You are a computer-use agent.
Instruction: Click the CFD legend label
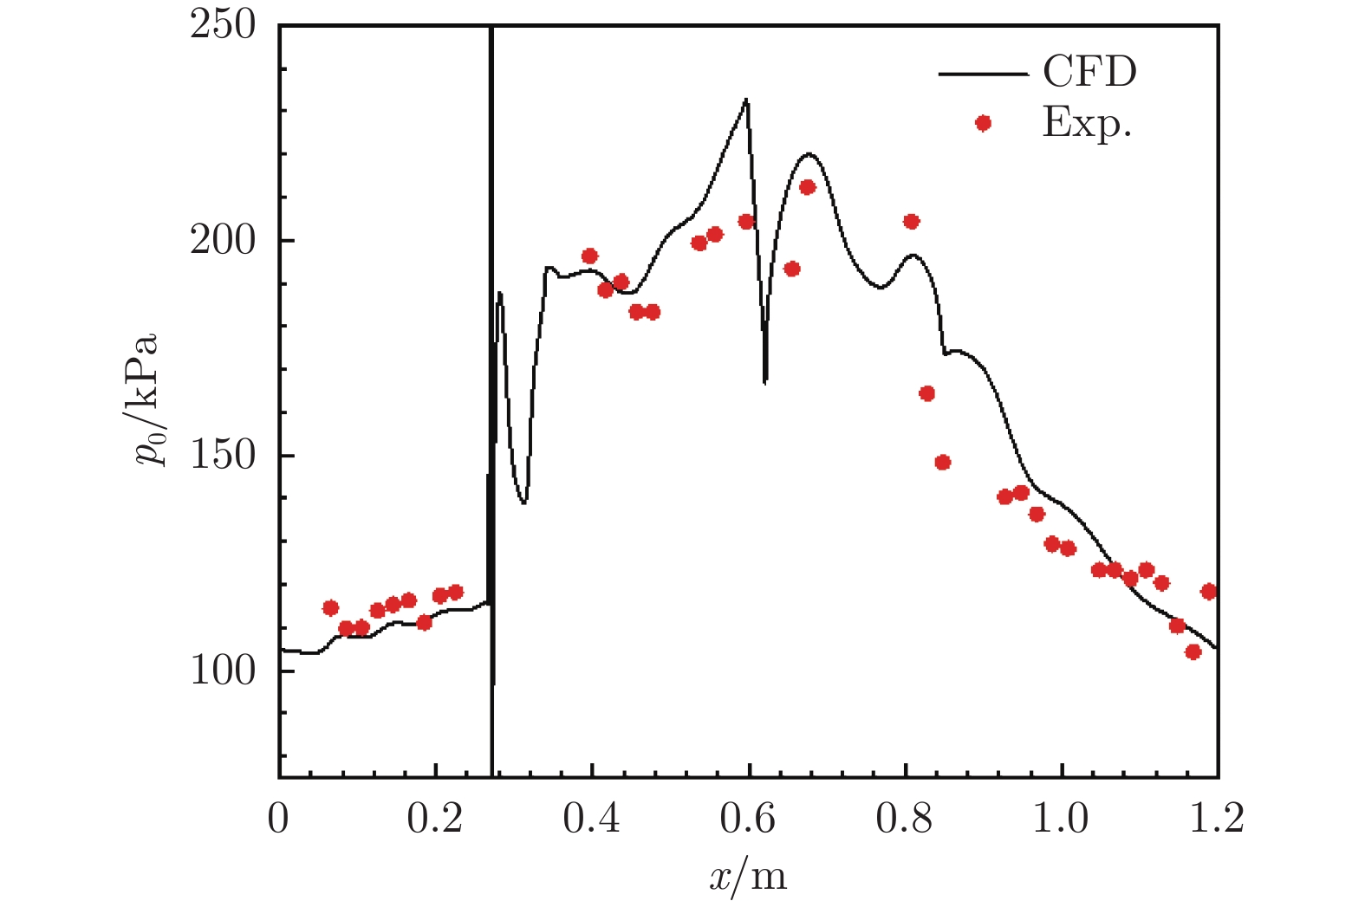click(1089, 72)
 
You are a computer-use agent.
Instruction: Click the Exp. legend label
click(1087, 123)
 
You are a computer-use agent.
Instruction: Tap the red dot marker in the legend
click(983, 123)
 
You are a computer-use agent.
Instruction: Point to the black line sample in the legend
click(982, 74)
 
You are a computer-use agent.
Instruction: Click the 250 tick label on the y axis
click(223, 25)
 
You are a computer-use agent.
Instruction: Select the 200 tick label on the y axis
click(223, 240)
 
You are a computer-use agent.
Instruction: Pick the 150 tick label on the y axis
click(223, 455)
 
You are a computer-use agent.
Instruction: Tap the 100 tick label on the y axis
click(223, 670)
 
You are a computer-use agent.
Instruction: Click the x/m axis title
click(748, 876)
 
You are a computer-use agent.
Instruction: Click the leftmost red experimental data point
click(330, 608)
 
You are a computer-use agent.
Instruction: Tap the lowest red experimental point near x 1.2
click(1193, 651)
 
